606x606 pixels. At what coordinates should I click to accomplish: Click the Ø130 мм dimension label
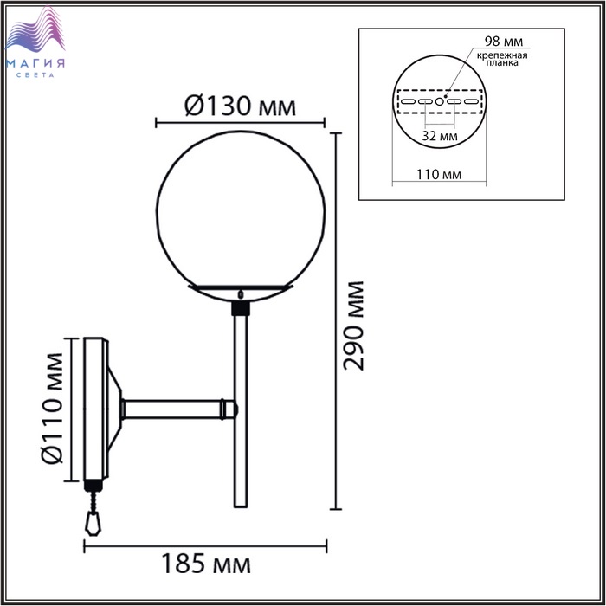click(x=240, y=106)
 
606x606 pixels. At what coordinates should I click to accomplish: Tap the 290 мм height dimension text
click(x=353, y=326)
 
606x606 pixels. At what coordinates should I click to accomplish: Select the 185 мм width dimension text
click(x=206, y=564)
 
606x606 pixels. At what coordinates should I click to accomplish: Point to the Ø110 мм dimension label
click(x=51, y=408)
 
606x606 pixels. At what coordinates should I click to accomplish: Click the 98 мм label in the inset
click(x=504, y=42)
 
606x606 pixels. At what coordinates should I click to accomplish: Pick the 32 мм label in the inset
click(x=440, y=136)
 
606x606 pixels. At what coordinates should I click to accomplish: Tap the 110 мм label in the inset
click(x=439, y=175)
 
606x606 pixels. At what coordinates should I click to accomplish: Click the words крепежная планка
click(x=502, y=59)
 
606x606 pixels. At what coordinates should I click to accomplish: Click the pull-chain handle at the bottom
click(x=93, y=523)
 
